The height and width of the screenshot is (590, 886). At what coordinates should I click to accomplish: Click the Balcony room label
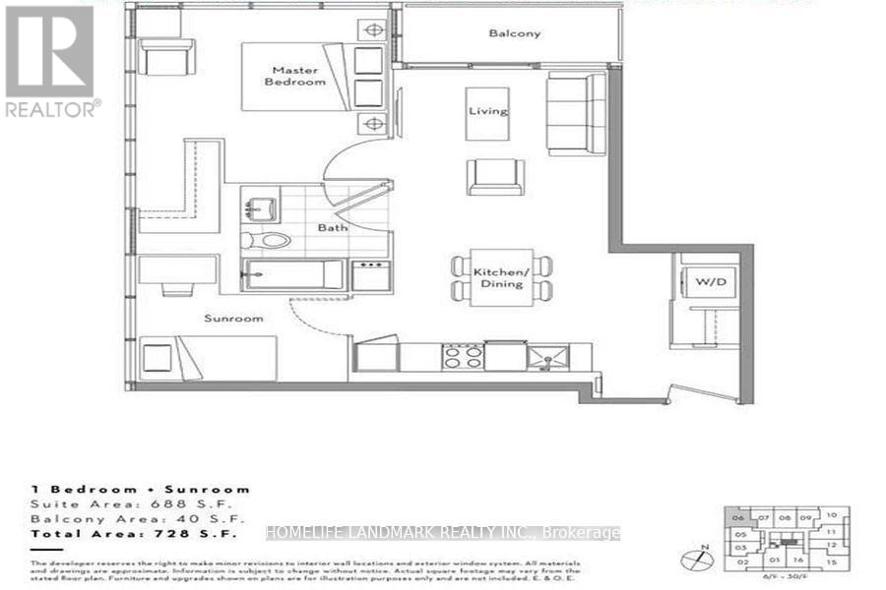click(515, 33)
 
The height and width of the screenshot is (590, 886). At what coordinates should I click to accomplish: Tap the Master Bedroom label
click(299, 75)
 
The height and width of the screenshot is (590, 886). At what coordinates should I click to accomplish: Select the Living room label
click(488, 111)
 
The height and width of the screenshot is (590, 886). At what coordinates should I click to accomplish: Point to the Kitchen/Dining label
click(501, 277)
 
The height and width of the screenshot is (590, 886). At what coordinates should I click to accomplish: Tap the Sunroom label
click(233, 319)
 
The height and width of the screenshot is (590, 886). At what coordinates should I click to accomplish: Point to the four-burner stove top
click(461, 355)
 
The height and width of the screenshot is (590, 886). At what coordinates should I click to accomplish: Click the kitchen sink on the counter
click(541, 356)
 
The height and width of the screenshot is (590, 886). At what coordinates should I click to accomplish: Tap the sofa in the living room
click(576, 113)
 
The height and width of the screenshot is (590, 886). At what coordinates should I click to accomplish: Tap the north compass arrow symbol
click(700, 556)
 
